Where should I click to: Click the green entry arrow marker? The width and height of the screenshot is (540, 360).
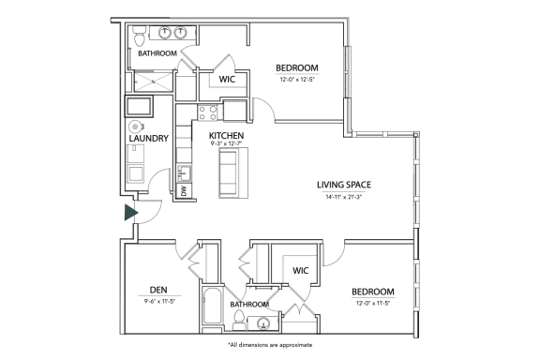coord(131,213)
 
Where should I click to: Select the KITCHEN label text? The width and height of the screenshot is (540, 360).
coord(226,136)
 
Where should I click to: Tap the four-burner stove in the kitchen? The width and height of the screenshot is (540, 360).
coord(208,113)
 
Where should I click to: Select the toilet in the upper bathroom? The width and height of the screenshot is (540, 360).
coord(138,37)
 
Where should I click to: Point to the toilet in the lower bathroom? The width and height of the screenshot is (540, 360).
coord(241,324)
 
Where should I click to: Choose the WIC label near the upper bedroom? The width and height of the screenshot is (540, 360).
coord(227,80)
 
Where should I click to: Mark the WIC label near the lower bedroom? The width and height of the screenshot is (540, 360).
coord(300,271)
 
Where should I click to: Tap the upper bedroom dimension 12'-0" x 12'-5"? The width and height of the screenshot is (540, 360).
coord(297,79)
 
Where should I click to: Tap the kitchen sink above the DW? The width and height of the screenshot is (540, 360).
coord(185,172)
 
